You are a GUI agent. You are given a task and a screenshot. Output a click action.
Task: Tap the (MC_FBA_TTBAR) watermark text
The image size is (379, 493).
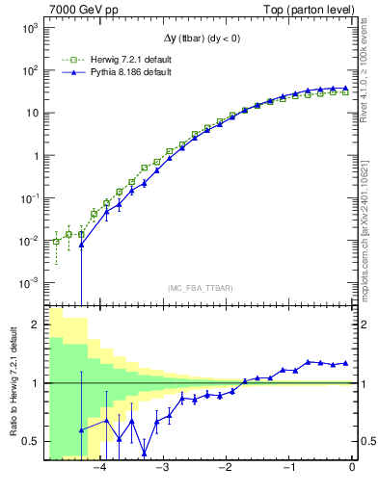[x=200, y=289]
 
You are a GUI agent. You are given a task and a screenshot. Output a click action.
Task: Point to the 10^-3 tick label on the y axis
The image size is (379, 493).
[x=29, y=282]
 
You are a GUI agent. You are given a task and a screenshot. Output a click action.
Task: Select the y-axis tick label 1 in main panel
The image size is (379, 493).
[x=36, y=156]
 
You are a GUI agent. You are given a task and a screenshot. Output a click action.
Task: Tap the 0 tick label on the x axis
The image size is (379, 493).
[x=352, y=467]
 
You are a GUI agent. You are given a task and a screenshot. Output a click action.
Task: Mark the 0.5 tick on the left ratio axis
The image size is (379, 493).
[x=31, y=442]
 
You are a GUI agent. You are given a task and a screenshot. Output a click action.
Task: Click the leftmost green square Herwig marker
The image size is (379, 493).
[x=57, y=242]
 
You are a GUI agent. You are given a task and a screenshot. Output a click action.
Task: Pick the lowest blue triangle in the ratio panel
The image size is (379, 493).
[x=145, y=454]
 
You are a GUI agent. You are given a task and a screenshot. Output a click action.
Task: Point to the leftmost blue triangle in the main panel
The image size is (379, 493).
[x=82, y=245]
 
